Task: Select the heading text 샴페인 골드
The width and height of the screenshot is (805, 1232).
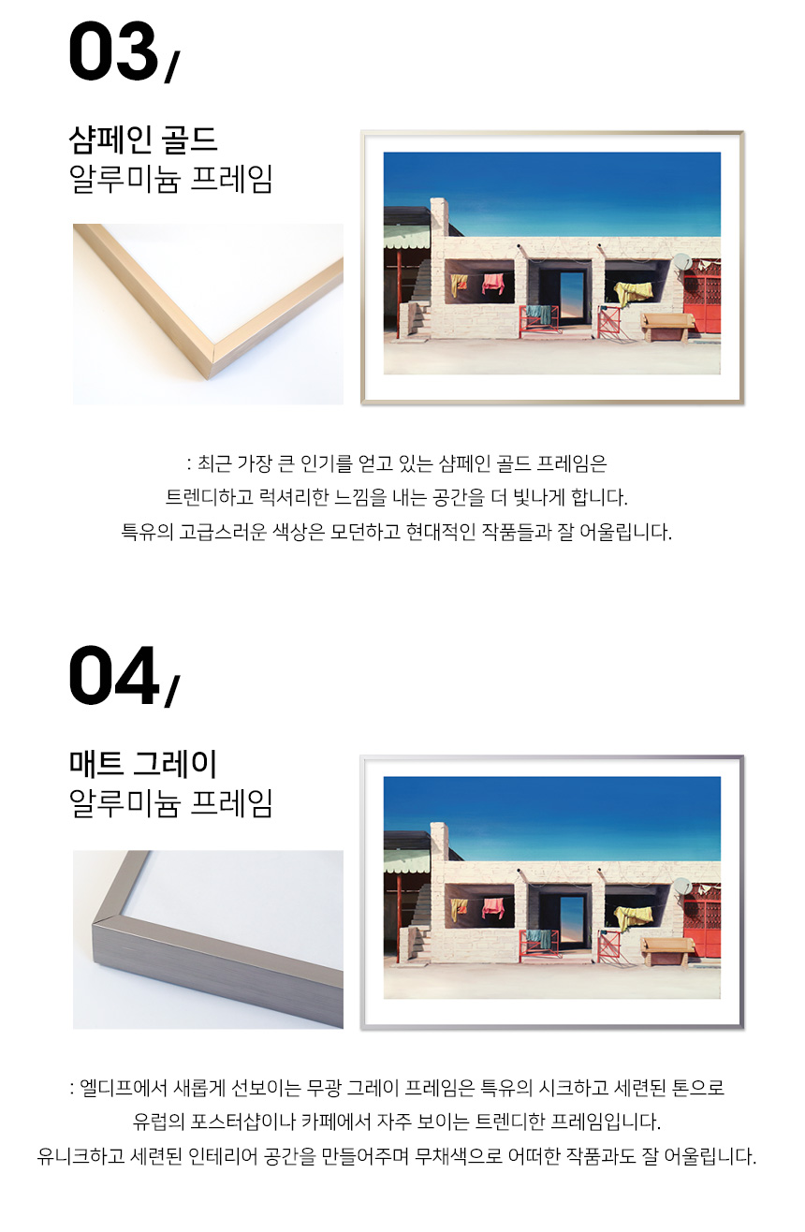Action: coord(143,139)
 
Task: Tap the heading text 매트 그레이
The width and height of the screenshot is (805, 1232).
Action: coord(143,764)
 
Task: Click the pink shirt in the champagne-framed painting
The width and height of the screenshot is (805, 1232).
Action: coord(492,284)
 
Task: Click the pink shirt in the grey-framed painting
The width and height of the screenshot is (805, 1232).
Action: coord(492,907)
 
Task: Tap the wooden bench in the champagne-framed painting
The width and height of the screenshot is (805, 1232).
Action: coord(667,327)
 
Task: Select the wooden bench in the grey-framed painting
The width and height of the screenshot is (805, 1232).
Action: coord(667,951)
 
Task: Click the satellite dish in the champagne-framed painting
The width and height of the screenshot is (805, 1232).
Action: coord(681,261)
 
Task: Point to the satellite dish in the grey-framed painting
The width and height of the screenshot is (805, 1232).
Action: coord(681,886)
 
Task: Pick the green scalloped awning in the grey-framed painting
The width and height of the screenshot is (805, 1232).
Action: coord(407,861)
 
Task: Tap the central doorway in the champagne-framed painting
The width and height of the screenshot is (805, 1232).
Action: coord(573,299)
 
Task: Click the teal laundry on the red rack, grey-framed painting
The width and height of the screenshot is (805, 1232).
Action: coord(539,938)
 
